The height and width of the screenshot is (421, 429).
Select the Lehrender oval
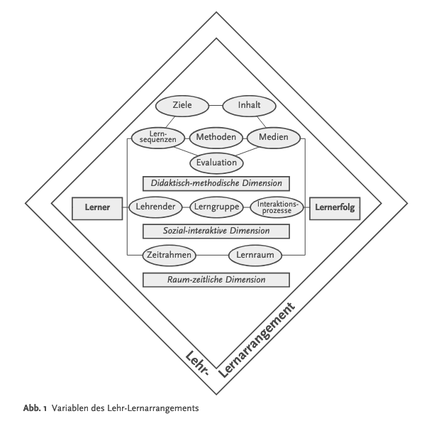[155, 208]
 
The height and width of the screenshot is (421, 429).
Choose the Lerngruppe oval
[217, 208]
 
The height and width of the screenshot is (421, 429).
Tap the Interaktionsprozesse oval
[277, 208]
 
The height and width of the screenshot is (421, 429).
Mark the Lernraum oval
[255, 254]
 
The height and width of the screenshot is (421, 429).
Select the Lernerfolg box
[335, 208]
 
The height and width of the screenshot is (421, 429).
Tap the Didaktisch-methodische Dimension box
[216, 184]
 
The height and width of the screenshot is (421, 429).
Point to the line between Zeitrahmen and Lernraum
[211, 254]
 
